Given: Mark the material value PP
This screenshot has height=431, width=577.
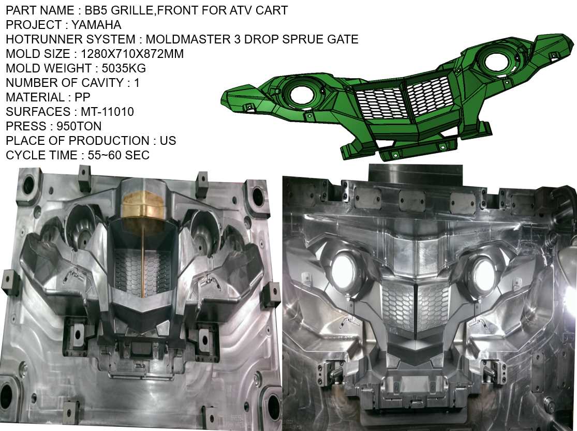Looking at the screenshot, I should (x=82, y=97).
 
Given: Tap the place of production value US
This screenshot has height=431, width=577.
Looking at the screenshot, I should (x=168, y=141).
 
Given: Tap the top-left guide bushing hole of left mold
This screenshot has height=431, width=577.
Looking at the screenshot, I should (x=27, y=184).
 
